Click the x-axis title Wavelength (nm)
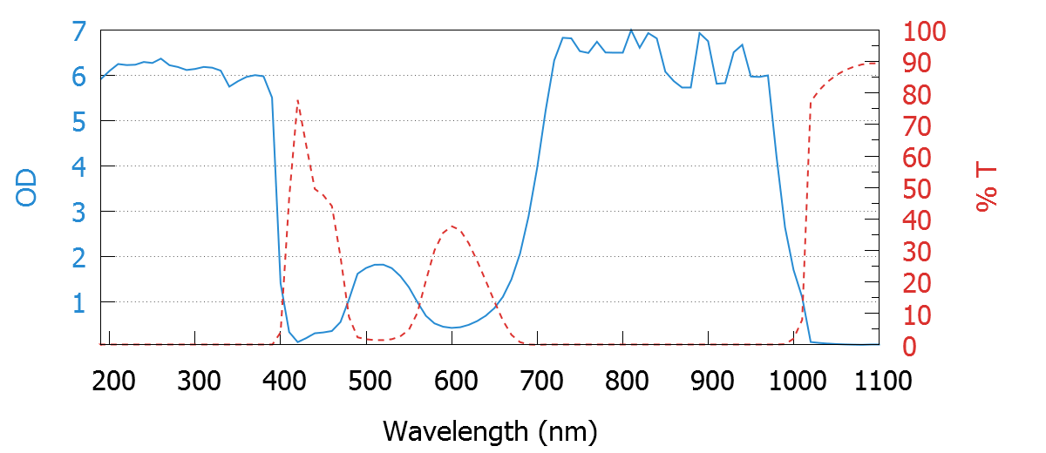point(490,430)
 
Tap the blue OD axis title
point(27,187)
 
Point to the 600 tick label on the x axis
point(452,381)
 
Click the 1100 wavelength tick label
point(879,381)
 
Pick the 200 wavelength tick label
point(111,381)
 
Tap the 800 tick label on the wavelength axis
point(623,381)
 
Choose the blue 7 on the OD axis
point(78,32)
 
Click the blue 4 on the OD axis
point(78,166)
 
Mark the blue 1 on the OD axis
point(78,302)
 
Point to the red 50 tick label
point(916,189)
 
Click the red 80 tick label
point(916,95)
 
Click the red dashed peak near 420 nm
point(298,100)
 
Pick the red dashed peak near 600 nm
point(452,226)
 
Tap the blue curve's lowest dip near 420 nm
point(298,341)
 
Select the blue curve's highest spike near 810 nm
point(631,30)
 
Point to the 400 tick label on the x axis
point(282,381)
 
